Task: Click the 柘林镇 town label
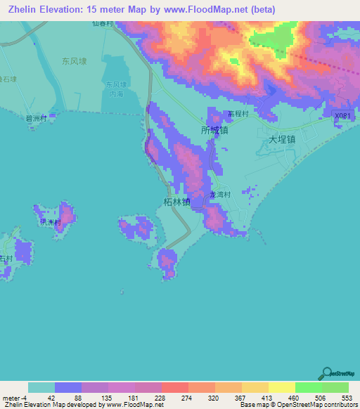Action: pyautogui.click(x=176, y=202)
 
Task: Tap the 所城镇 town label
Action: pyautogui.click(x=214, y=131)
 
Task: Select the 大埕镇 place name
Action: pyautogui.click(x=283, y=140)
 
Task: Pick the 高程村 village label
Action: pyautogui.click(x=238, y=112)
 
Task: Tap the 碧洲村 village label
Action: pyautogui.click(x=36, y=119)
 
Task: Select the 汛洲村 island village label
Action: pyautogui.click(x=50, y=222)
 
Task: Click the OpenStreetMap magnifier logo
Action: pyautogui.click(x=327, y=374)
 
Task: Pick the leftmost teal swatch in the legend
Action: pyautogui.click(x=41, y=387)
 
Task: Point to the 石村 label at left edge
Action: pyautogui.click(x=6, y=259)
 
